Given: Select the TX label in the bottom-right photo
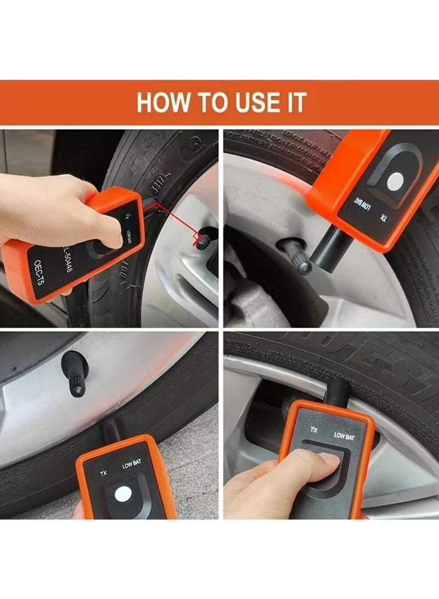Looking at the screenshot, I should pos(314,430).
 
